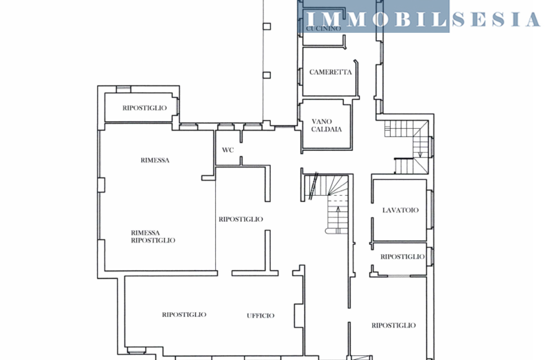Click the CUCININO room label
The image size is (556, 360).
[323, 29]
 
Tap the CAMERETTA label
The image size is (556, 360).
[331, 72]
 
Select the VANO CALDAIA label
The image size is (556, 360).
[326, 125]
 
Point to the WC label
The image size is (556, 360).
[228, 150]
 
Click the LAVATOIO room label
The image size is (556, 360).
[400, 210]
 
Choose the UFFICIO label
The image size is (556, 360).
[260, 315]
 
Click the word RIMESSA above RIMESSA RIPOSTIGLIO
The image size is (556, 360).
[155, 160]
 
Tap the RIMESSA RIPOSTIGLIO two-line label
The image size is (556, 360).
[153, 236]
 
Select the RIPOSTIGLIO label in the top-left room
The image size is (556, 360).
[144, 108]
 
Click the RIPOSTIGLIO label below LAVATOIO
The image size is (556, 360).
[403, 256]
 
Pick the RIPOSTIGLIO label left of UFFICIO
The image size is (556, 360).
[184, 315]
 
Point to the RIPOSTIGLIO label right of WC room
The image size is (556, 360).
[241, 219]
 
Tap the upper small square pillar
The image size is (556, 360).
[267, 26]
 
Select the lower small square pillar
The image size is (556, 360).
[267, 75]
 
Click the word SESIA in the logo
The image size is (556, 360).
[496, 19]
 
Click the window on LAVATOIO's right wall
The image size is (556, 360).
[430, 209]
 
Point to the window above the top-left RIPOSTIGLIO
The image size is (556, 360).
[124, 90]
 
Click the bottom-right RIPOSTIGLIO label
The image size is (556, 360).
[394, 325]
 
